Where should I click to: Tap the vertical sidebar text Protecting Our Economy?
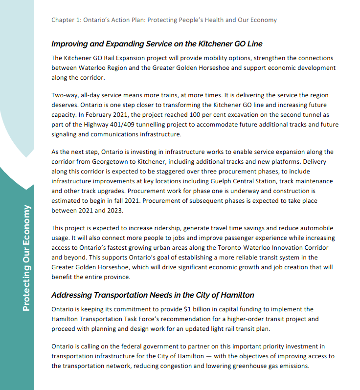pos(26,258)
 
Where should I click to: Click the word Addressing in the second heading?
pos(73,295)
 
